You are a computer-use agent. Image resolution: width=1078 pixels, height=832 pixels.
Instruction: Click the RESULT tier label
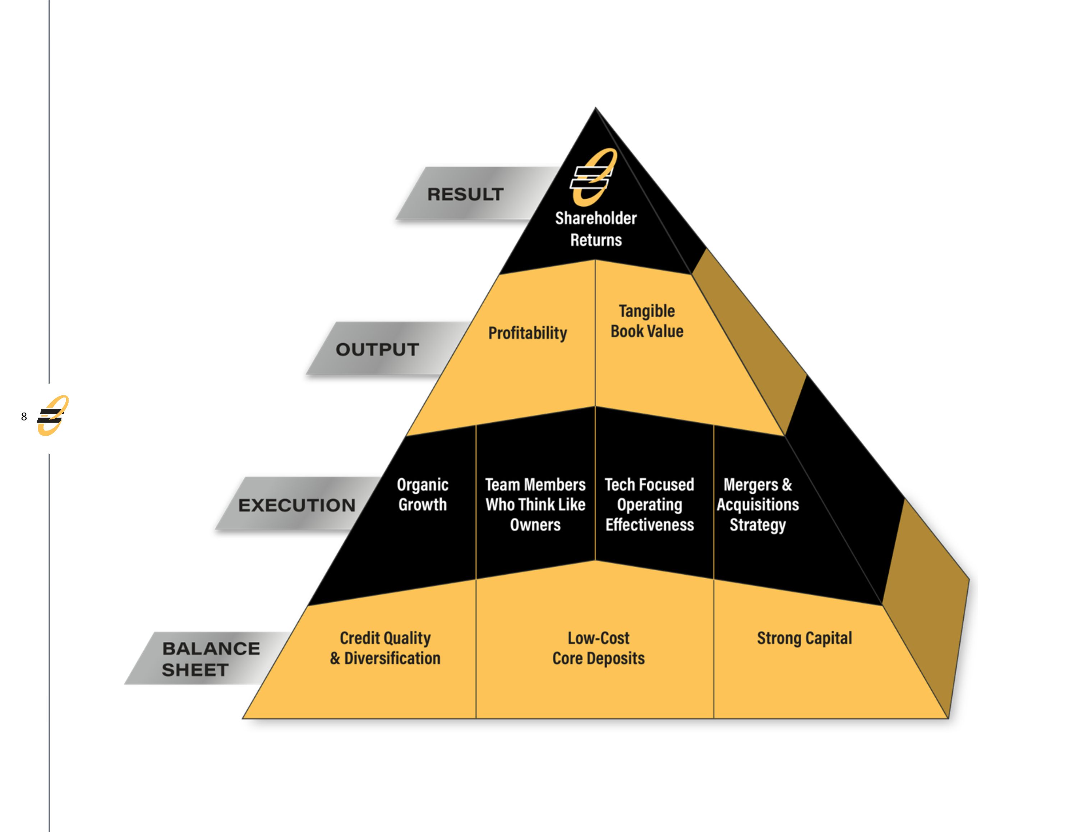point(465,194)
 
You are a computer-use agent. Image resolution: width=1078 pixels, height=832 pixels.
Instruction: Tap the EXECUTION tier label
point(297,505)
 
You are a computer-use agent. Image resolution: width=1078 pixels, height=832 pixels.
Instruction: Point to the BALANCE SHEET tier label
point(211,659)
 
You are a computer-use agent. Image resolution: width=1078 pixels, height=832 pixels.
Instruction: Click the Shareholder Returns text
point(596,229)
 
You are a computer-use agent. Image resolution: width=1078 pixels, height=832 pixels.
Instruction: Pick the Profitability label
point(528,333)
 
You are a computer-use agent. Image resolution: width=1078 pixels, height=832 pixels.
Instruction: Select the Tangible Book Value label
point(646,321)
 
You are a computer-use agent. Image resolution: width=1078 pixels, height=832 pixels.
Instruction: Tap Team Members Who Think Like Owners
point(535,505)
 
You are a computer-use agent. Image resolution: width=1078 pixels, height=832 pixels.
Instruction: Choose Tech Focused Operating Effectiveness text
point(650,505)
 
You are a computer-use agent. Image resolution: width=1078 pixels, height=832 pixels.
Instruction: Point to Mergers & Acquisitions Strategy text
point(758,505)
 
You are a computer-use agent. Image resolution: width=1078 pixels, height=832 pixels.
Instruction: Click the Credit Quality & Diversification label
point(385,648)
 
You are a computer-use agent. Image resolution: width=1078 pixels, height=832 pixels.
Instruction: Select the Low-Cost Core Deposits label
point(598,648)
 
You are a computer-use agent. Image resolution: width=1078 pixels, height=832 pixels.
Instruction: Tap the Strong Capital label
point(804,638)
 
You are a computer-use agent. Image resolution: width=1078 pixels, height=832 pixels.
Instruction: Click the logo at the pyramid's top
point(593,177)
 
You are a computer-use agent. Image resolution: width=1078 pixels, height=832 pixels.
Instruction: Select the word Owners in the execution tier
point(535,525)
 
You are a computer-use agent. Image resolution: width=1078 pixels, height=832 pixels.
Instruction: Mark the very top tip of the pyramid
point(595,108)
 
